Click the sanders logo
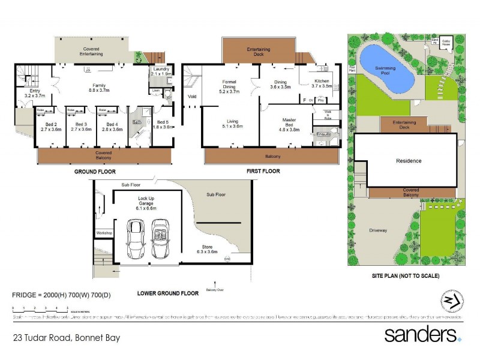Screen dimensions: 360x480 click(422, 334)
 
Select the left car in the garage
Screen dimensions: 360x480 click(135, 238)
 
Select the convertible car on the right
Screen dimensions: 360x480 click(160, 238)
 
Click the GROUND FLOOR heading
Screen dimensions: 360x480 click(95, 171)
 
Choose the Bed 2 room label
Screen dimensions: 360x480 click(50, 127)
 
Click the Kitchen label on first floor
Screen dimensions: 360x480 click(323, 83)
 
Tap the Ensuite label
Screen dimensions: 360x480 click(324, 134)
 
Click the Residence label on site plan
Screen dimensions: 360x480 click(408, 161)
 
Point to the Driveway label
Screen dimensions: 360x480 click(378, 230)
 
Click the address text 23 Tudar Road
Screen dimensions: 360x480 click(66, 338)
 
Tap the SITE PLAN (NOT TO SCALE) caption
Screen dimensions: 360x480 click(406, 276)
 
